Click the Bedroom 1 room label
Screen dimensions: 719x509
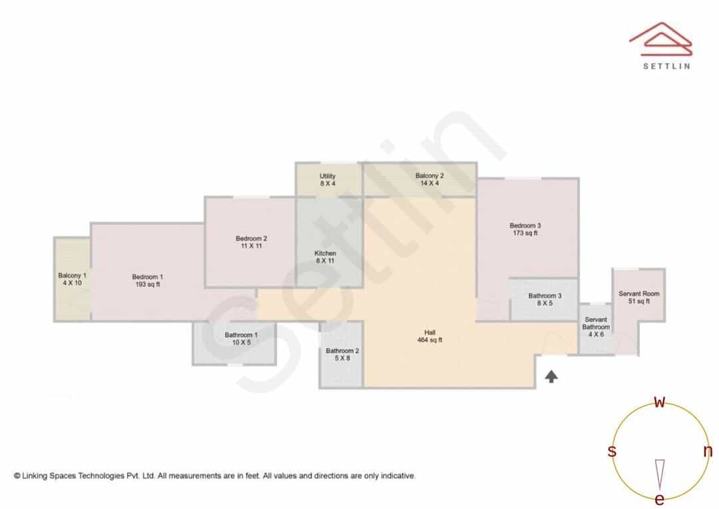pos(148,280)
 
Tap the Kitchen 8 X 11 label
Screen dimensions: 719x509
pos(325,257)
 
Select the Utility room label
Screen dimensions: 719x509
pos(328,179)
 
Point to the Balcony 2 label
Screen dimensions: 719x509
pos(429,179)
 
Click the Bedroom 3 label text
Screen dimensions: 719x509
pos(525,229)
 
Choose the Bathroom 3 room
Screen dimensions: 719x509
pos(545,300)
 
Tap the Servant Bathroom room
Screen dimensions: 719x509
pos(596,328)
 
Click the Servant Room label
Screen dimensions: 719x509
pos(639,297)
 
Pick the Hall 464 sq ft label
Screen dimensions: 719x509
pos(429,336)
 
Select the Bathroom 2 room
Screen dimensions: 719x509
pos(342,355)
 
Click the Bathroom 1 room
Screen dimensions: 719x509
pos(234,343)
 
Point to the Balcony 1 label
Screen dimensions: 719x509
pos(72,279)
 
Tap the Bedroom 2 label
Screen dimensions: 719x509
pos(251,242)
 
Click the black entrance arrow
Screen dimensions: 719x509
pos(551,377)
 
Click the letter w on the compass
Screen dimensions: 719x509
pos(659,402)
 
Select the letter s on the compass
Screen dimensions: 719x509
pos(612,451)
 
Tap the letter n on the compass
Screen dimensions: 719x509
pos(708,451)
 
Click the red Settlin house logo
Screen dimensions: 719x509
pos(661,39)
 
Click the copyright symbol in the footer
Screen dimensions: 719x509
pos(17,476)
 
